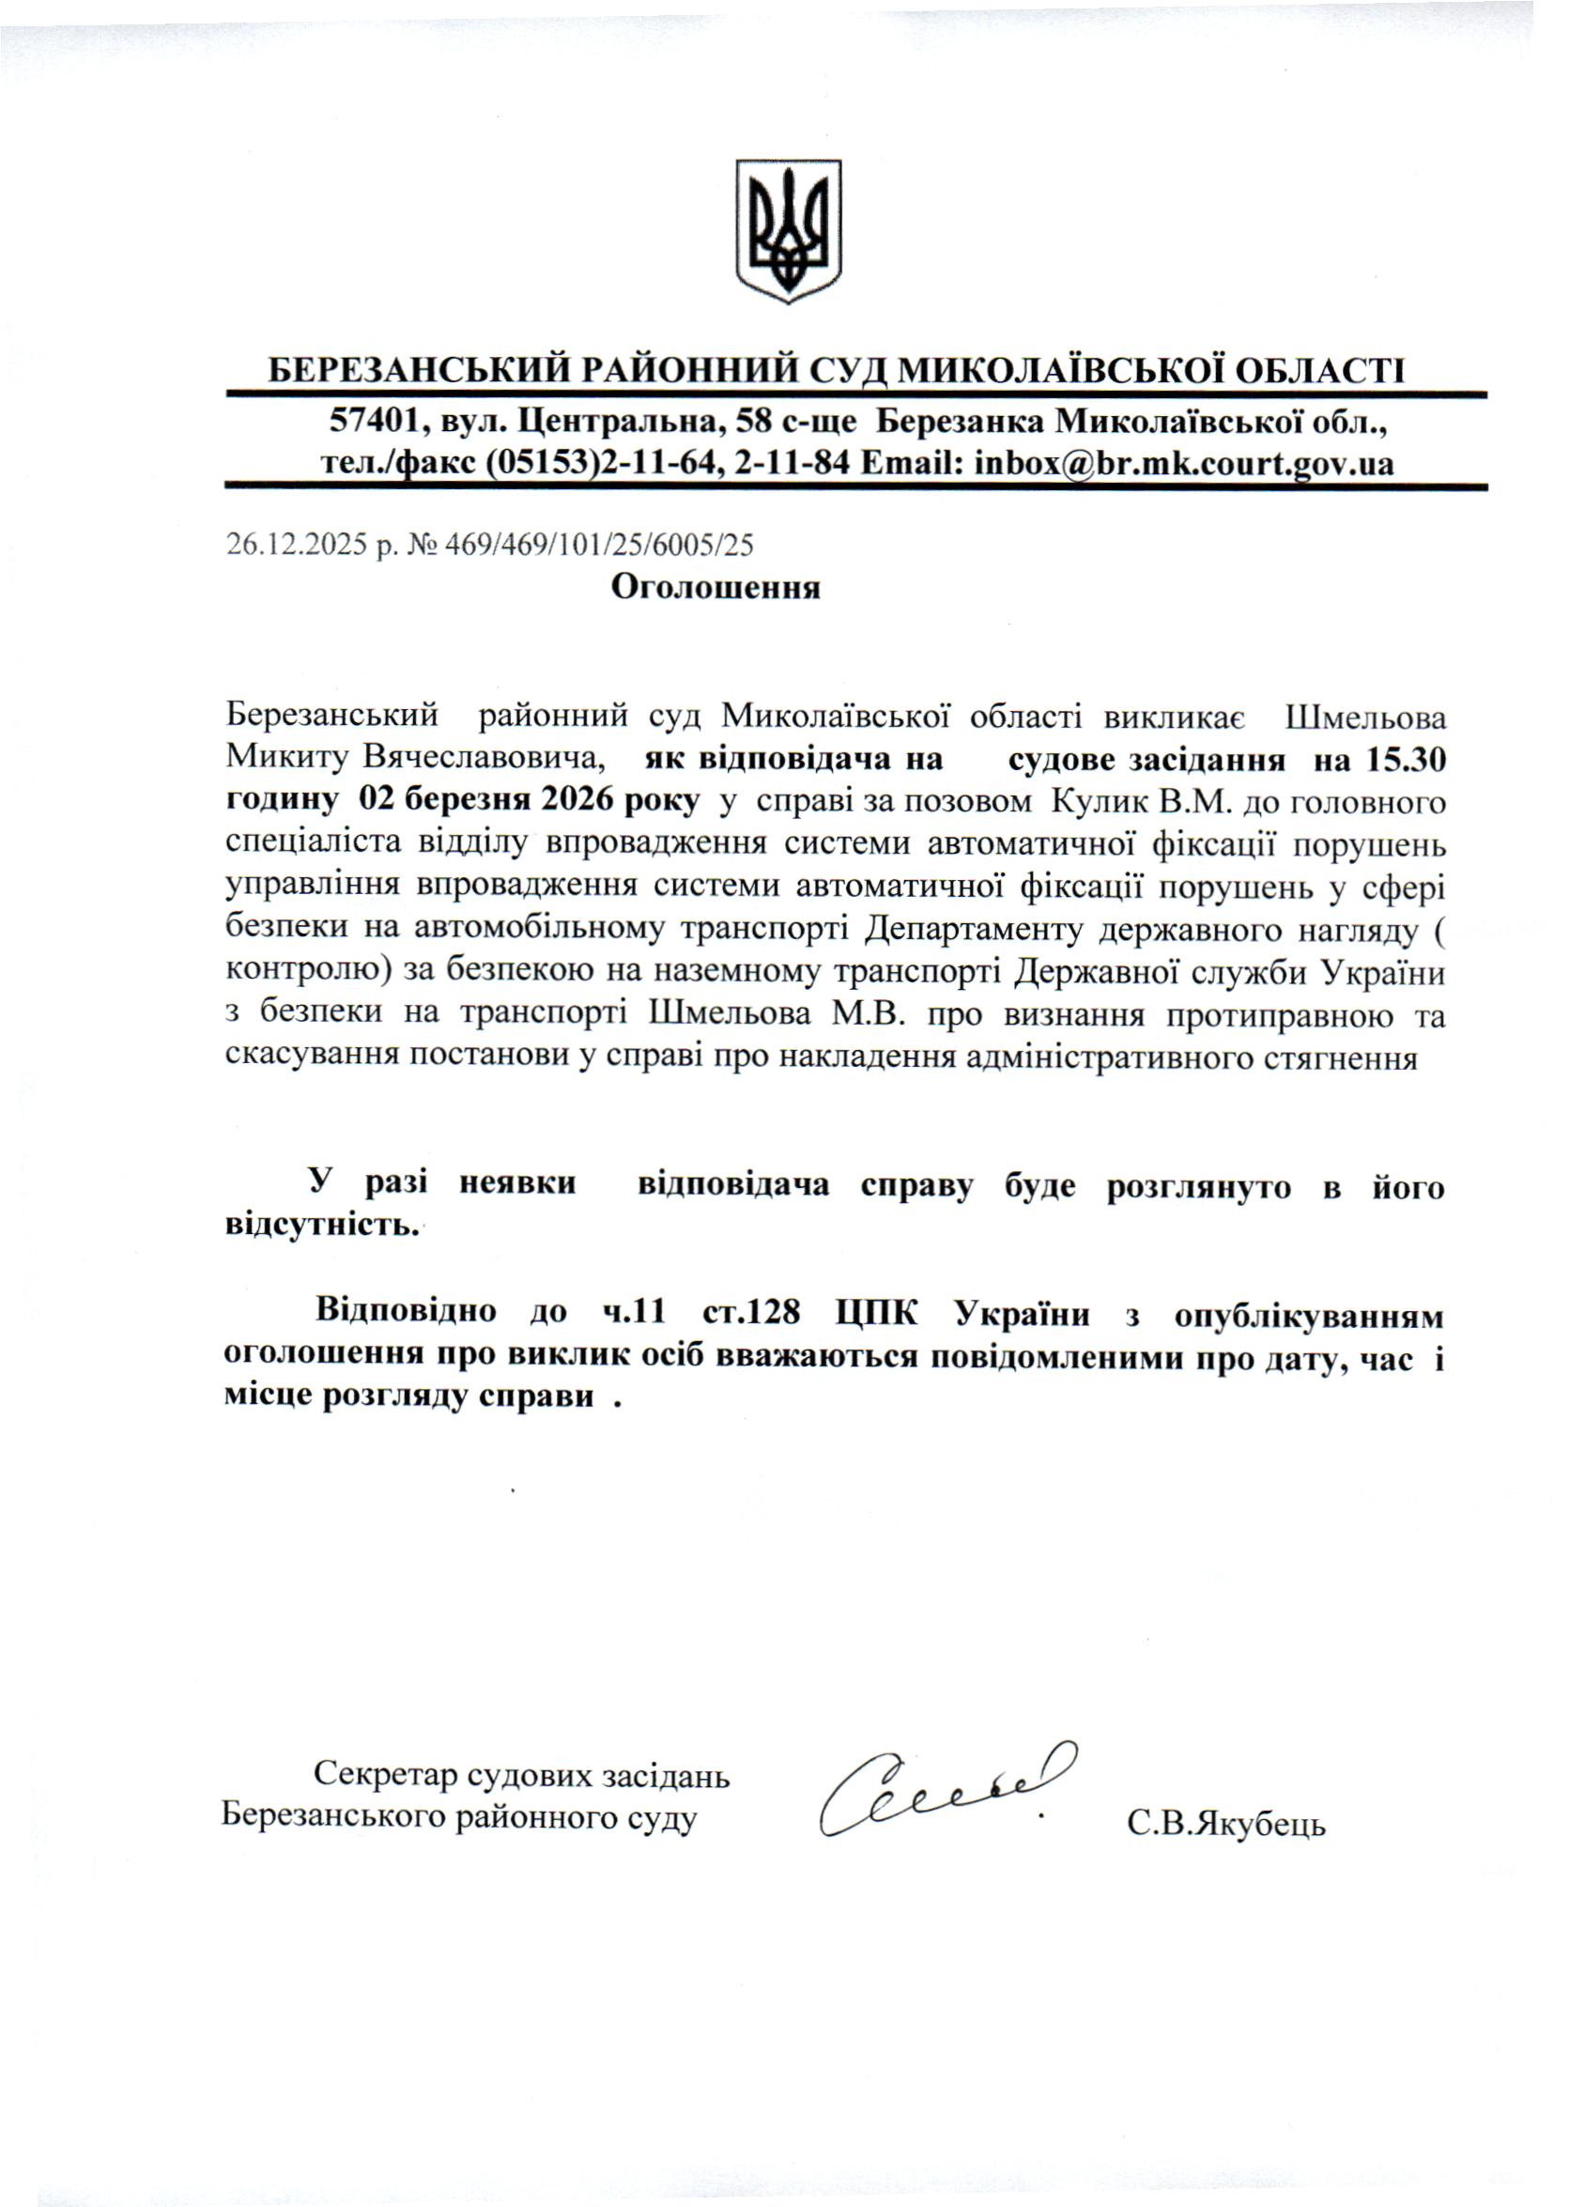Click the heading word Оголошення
715,588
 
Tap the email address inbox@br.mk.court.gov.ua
1184,465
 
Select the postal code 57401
370,422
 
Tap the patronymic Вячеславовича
485,760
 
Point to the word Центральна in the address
619,422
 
